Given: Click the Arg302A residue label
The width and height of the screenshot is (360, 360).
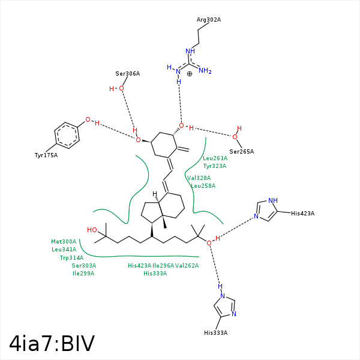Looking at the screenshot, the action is [x=208, y=20].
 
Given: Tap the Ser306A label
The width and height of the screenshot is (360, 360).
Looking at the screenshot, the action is [x=128, y=74].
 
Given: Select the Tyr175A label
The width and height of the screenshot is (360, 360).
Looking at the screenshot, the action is [x=46, y=155].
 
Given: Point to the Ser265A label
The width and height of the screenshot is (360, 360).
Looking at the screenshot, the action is [x=242, y=152].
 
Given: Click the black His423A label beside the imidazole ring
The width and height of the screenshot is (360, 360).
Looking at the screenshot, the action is [x=302, y=214].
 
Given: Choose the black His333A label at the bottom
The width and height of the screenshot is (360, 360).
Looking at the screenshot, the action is [x=215, y=333].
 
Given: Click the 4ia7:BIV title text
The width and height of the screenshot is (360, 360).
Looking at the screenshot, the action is [x=52, y=343].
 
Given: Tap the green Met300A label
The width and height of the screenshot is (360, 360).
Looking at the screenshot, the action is [x=64, y=242].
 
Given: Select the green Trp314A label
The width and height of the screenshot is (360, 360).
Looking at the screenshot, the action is [x=71, y=258].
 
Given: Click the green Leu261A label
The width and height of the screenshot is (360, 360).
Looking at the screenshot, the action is [x=215, y=158].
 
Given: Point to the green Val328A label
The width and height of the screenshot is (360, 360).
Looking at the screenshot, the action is [x=199, y=178].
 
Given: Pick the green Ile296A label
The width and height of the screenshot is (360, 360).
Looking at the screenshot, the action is [x=163, y=266].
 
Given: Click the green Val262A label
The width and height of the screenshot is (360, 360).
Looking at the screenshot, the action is [x=187, y=266].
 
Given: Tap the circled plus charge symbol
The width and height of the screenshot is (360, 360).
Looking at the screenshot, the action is [x=190, y=74].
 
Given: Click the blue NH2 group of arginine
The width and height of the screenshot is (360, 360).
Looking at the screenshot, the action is [x=205, y=70].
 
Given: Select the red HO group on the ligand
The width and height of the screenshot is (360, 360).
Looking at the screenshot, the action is [x=92, y=230].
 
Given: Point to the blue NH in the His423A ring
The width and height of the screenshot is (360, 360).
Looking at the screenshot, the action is [x=273, y=200].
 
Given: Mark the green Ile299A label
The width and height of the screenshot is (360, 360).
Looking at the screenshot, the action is [x=83, y=274].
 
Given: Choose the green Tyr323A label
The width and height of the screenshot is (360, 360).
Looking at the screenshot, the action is [x=215, y=166].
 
